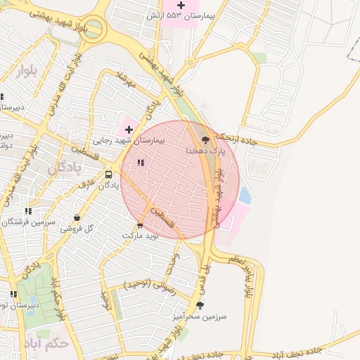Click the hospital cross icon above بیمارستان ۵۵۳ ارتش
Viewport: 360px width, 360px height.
point(181,6)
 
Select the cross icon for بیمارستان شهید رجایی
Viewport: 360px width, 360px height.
point(129,129)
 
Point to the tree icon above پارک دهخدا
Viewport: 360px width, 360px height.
point(205,140)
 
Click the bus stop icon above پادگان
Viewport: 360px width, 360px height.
point(108,174)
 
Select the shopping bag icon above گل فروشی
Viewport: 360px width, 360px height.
point(76,217)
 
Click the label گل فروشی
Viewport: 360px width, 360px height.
point(76,229)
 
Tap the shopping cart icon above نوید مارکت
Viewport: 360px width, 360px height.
point(140,226)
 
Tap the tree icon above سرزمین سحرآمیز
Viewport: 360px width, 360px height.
point(200,305)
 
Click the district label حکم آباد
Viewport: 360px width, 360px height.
point(65,344)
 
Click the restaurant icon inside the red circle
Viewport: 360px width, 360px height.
point(141,162)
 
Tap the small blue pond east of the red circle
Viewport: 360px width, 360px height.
point(245,195)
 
